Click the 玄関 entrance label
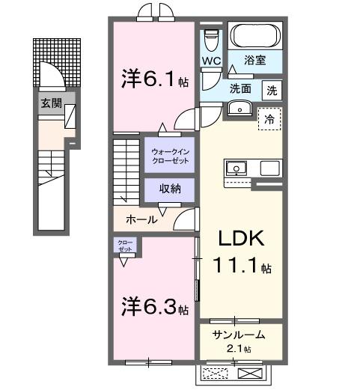[x=51, y=103]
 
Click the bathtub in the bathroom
[x=254, y=37]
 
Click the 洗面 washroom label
[x=240, y=88]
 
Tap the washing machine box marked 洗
[x=273, y=90]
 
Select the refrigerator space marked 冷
[x=269, y=118]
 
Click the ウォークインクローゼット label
[x=171, y=156]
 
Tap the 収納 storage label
[x=170, y=189]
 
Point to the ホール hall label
[x=142, y=220]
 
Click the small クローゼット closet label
[x=124, y=246]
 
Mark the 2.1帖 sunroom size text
[x=240, y=349]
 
